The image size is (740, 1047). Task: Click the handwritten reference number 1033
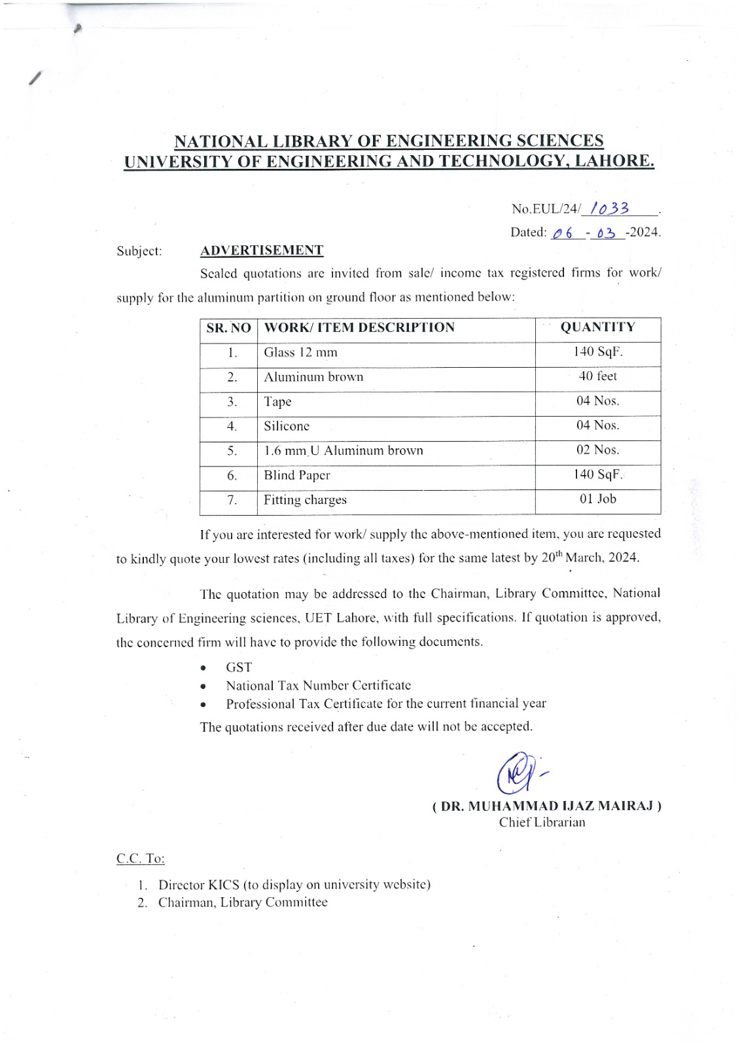609,209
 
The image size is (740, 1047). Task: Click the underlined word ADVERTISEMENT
262,251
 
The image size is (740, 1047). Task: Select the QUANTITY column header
597,327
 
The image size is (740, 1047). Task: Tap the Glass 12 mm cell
300,353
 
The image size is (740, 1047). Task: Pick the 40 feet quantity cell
597,376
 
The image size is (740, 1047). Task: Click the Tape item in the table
277,402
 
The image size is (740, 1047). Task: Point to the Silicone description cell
287,426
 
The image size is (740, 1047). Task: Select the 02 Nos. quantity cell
597,450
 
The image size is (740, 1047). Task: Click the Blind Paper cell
296,476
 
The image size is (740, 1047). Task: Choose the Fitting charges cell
305,500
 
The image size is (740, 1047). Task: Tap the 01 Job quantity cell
597,499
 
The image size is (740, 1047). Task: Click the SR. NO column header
228,328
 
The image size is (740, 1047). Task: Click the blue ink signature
520,773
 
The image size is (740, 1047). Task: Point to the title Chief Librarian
542,823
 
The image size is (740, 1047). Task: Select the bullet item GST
239,667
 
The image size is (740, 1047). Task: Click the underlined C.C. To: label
141,859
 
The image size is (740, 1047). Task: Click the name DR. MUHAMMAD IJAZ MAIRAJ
547,806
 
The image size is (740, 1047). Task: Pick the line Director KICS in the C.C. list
294,885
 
